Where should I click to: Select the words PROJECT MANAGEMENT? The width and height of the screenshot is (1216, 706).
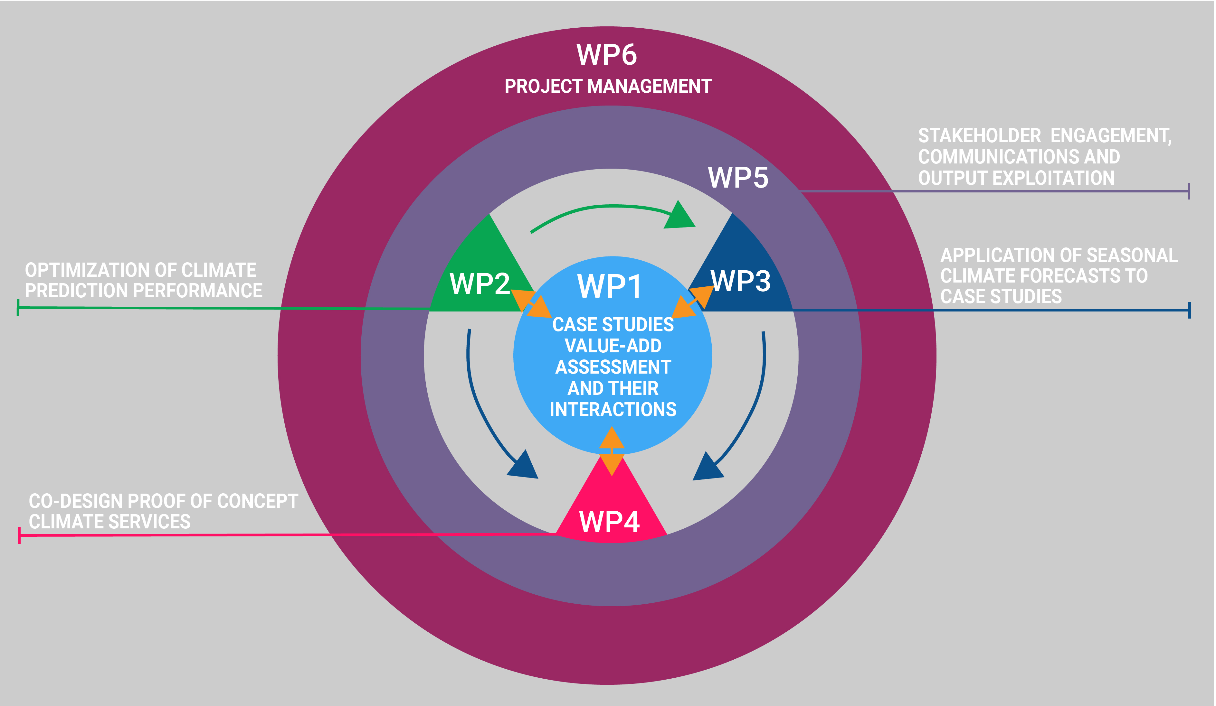pyautogui.click(x=608, y=86)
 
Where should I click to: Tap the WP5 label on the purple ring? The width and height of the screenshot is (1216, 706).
pyautogui.click(x=738, y=177)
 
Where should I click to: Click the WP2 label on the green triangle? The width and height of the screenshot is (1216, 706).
pyautogui.click(x=480, y=283)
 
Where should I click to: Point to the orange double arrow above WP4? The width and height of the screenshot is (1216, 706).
pyautogui.click(x=612, y=451)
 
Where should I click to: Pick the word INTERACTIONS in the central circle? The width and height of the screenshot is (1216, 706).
pyautogui.click(x=613, y=409)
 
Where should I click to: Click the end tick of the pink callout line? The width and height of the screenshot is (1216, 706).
pyautogui.click(x=19, y=535)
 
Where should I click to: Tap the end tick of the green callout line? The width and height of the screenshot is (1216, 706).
pyautogui.click(x=18, y=308)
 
